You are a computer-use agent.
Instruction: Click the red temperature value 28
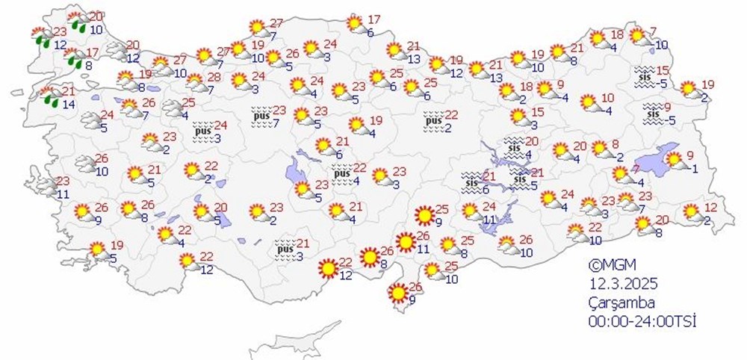click(x=214, y=78)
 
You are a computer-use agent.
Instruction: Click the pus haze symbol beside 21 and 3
click(x=285, y=248)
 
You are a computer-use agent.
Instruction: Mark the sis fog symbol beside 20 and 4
click(x=513, y=146)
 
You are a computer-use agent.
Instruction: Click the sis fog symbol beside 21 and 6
click(x=470, y=181)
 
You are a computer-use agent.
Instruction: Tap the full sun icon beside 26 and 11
click(x=405, y=243)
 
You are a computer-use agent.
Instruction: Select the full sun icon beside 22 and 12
click(x=326, y=267)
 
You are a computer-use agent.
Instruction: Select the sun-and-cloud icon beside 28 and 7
click(x=195, y=82)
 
